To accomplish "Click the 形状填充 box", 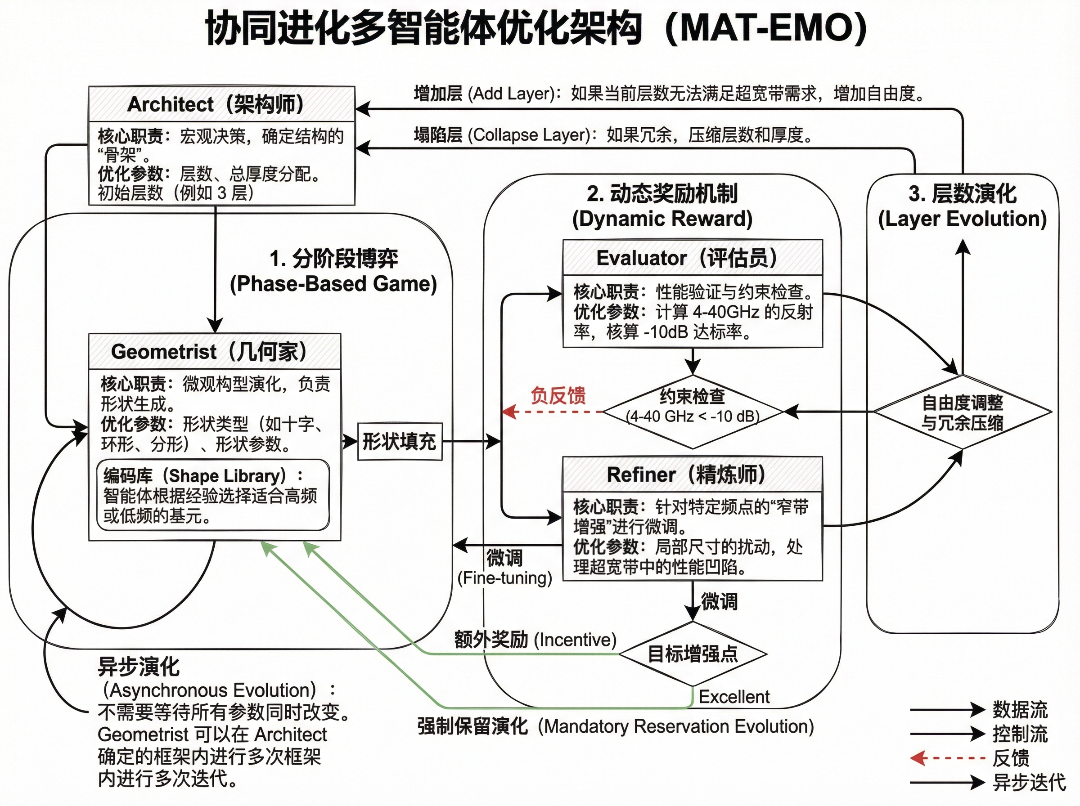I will [400, 442].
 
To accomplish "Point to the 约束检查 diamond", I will [693, 411].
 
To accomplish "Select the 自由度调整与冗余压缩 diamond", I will [962, 412].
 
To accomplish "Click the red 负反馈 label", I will [558, 395].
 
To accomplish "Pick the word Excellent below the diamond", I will [734, 696].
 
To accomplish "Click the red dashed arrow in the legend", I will [947, 758].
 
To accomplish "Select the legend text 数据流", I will [1020, 710].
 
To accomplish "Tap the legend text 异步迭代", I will [1029, 783].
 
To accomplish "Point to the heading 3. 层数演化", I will [962, 194].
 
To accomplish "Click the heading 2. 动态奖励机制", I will [662, 194].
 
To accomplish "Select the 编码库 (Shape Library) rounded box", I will [213, 495].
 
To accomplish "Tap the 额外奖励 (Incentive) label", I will [535, 639].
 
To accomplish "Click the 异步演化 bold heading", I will [139, 667].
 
